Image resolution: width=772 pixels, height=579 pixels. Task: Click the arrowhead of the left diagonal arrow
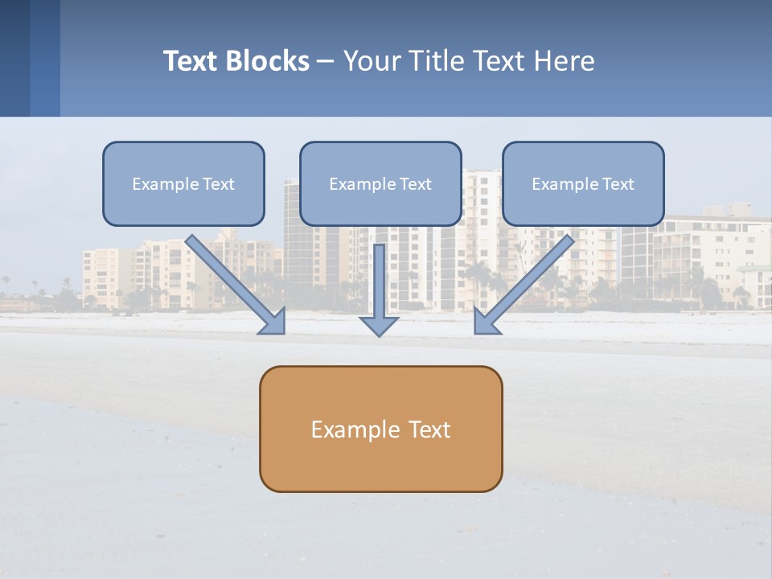coord(273,321)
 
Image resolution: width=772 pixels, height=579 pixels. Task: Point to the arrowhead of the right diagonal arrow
coord(486,321)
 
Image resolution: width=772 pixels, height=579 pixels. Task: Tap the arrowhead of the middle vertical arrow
coord(380,325)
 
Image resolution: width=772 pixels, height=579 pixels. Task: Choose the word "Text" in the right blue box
coord(618,184)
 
